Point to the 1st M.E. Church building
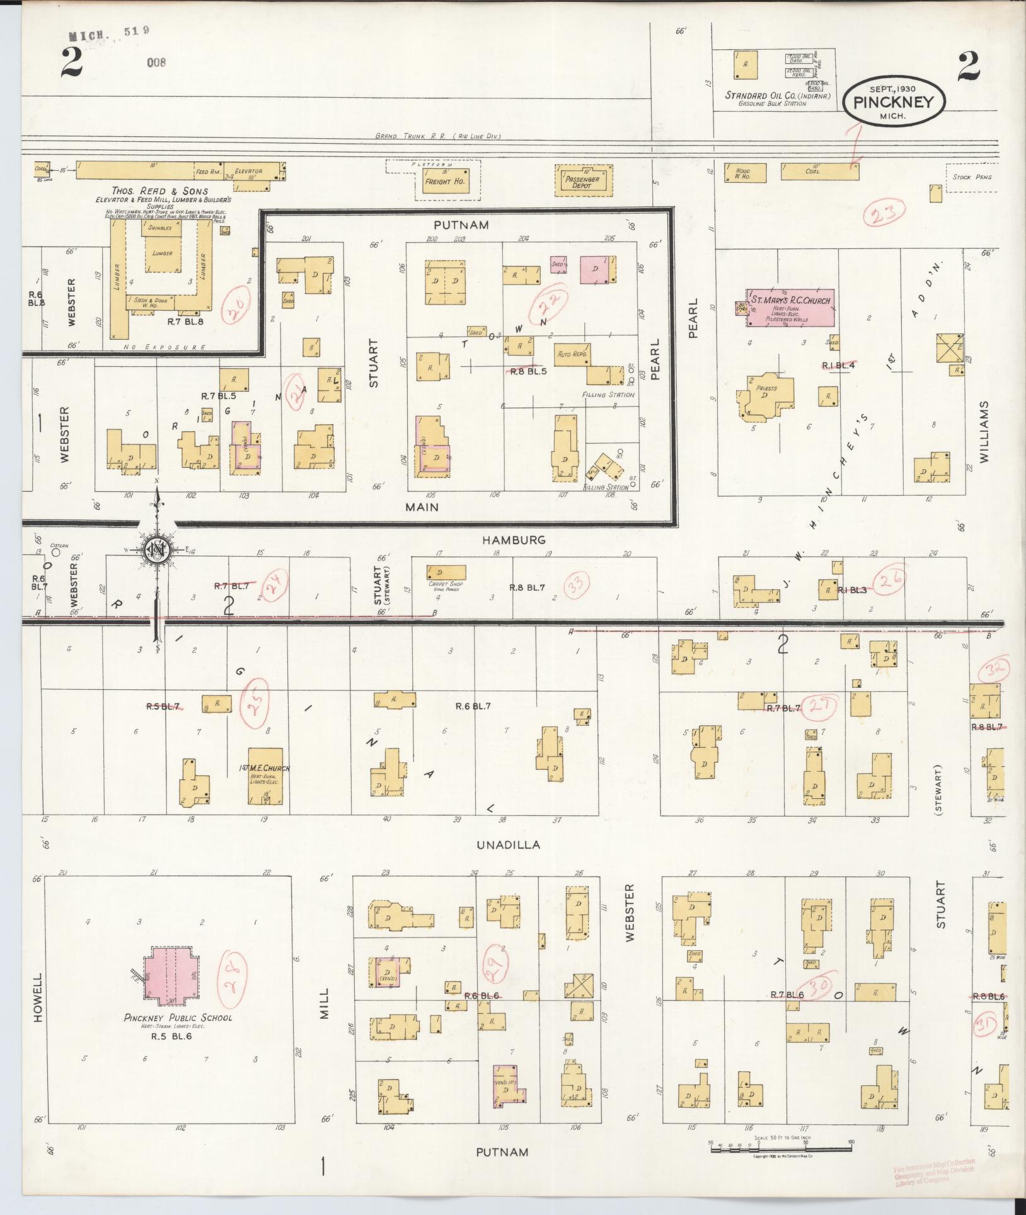[265, 776]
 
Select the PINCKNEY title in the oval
[893, 102]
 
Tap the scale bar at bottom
[781, 1149]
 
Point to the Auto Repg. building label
[572, 354]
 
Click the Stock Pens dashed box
[974, 177]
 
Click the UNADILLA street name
[509, 845]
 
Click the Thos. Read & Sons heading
[159, 191]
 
